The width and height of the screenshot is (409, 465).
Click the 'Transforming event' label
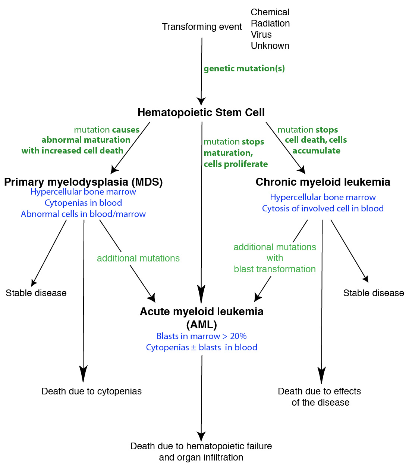click(202, 27)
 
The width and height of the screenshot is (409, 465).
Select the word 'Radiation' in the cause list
click(270, 24)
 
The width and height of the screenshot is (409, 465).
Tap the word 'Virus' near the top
click(261, 35)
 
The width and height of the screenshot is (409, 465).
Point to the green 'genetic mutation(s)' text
click(244, 68)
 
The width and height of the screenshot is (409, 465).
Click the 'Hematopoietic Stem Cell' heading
click(201, 112)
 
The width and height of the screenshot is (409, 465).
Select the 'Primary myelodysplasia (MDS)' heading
click(84, 182)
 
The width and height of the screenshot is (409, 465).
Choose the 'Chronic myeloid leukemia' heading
click(323, 182)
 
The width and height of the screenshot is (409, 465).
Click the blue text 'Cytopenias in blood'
click(83, 203)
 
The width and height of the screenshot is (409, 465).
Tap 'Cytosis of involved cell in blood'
click(323, 208)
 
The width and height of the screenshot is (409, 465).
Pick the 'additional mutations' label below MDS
click(138, 258)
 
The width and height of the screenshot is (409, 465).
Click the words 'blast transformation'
click(275, 269)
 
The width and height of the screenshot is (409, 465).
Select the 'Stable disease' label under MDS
click(36, 293)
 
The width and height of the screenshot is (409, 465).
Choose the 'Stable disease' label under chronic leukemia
click(374, 293)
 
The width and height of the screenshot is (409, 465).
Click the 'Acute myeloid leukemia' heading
click(202, 312)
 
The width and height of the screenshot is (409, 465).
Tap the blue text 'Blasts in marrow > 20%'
click(202, 336)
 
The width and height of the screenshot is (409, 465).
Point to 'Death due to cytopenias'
click(92, 391)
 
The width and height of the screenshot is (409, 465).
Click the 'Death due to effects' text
click(320, 391)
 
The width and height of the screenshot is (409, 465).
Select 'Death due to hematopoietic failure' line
click(201, 446)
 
